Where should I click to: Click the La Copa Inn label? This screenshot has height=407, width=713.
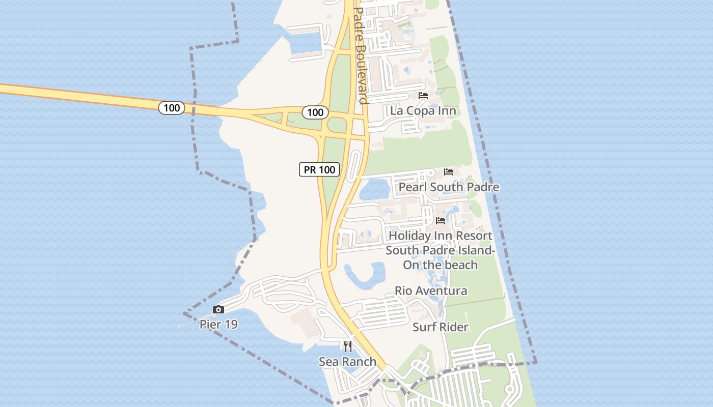pyautogui.click(x=423, y=110)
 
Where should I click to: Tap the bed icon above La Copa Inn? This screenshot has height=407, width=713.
pyautogui.click(x=423, y=96)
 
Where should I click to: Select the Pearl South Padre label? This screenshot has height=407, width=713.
pyautogui.click(x=448, y=187)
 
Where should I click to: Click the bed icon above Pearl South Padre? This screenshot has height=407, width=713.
pyautogui.click(x=448, y=172)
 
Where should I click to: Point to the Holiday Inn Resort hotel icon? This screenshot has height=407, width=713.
pyautogui.click(x=441, y=221)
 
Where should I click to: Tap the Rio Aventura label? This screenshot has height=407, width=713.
pyautogui.click(x=431, y=290)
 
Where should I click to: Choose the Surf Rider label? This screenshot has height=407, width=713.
pyautogui.click(x=440, y=327)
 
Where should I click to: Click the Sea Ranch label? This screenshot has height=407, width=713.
pyautogui.click(x=347, y=362)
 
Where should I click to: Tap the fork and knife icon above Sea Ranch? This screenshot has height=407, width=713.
pyautogui.click(x=348, y=346)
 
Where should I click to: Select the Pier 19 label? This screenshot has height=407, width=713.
pyautogui.click(x=218, y=324)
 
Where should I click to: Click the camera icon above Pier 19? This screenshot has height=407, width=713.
pyautogui.click(x=218, y=309)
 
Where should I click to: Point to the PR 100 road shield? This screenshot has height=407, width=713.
pyautogui.click(x=319, y=169)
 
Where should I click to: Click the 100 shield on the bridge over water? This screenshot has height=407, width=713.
pyautogui.click(x=172, y=107)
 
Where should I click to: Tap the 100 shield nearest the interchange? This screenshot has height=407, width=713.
pyautogui.click(x=315, y=112)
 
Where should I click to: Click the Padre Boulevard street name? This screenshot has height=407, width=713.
pyautogui.click(x=360, y=56)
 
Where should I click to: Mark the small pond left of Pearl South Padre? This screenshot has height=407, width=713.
pyautogui.click(x=375, y=190)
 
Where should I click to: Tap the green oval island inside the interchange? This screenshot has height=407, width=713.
pyautogui.click(x=337, y=124)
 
